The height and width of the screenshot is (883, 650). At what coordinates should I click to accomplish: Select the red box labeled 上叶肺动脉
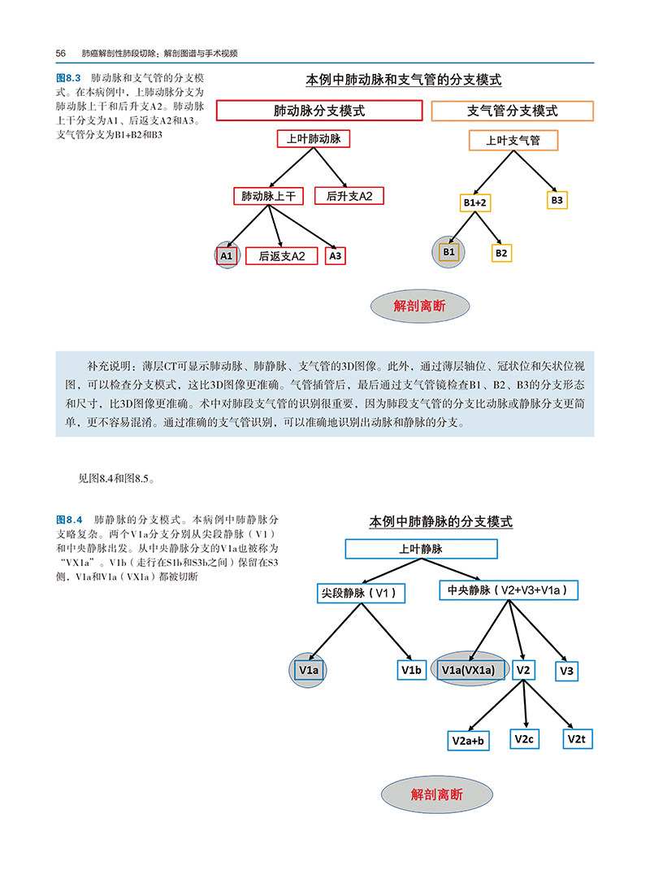pos(313,139)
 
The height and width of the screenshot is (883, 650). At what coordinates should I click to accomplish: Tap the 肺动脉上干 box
pos(268,196)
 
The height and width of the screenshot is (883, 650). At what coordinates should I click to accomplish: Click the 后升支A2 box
pos(349,196)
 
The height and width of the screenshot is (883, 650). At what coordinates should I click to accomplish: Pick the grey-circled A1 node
pos(227,255)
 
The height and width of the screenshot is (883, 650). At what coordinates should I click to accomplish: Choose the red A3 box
pos(336,255)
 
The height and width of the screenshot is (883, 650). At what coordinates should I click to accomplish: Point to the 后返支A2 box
pos(282,256)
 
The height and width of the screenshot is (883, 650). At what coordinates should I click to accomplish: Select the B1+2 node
pos(475,202)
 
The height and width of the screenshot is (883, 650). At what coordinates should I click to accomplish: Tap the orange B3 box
pos(557,199)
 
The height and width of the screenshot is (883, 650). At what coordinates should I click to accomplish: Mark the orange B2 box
pos(501,253)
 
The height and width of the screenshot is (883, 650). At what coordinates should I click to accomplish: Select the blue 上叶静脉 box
pos(421,550)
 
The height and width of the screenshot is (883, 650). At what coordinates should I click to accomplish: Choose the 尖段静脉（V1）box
pos(361,594)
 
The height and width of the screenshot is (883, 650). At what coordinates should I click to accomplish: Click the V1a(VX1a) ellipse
pos(466,670)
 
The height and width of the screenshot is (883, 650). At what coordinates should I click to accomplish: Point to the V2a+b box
pos(469,741)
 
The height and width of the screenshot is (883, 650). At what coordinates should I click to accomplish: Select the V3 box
pos(566,671)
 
